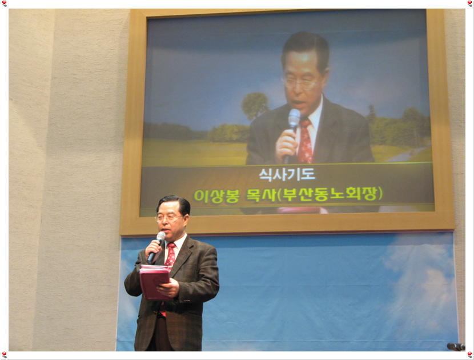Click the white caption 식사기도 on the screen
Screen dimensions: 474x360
(287, 174)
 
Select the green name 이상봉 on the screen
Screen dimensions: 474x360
(216, 196)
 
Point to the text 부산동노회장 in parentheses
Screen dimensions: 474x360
(330, 194)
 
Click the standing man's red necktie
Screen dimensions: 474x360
(171, 254)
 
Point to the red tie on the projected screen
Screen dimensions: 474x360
(305, 141)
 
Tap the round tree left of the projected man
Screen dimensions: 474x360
(255, 105)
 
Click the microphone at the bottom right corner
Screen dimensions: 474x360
(456, 346)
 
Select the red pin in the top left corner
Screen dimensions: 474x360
(4, 3)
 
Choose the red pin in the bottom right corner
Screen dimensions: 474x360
(470, 354)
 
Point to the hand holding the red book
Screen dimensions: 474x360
(168, 287)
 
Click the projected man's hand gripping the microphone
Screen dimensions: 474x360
(287, 146)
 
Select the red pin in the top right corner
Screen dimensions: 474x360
(470, 3)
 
